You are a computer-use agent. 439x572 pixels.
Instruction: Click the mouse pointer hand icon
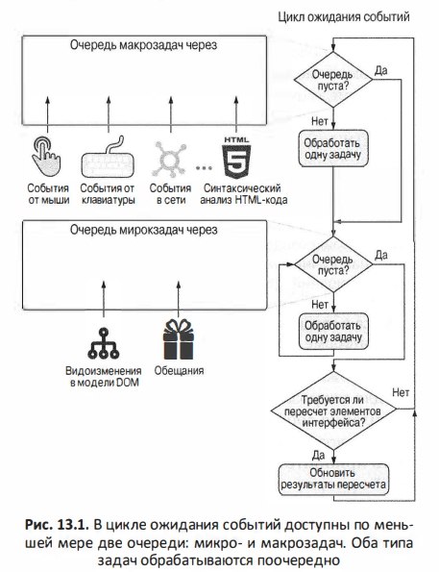click(45, 157)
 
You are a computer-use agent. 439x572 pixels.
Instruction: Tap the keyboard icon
click(108, 158)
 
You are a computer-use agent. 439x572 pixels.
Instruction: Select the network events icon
click(169, 159)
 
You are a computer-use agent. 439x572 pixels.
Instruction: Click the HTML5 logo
click(236, 157)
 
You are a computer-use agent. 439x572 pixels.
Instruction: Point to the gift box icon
click(179, 339)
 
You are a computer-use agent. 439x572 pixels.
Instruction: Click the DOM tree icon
click(104, 343)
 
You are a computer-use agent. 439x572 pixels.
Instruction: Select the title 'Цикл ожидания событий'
click(344, 16)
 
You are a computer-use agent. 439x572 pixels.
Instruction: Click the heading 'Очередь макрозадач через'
click(144, 45)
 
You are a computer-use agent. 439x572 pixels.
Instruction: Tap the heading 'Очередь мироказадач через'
click(144, 230)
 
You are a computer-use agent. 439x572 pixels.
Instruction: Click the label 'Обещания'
click(179, 371)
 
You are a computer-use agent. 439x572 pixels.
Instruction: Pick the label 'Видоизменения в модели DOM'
click(104, 377)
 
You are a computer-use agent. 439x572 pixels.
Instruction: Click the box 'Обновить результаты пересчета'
click(333, 480)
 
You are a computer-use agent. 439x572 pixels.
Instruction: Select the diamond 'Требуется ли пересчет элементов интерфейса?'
click(333, 410)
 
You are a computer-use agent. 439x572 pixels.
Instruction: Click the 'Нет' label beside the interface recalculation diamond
click(401, 392)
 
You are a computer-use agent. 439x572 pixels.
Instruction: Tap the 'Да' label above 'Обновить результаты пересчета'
click(318, 456)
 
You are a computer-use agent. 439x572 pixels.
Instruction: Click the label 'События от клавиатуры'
click(108, 194)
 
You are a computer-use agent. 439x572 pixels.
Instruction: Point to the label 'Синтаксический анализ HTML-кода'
click(244, 194)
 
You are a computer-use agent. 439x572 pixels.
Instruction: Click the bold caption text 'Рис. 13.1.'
click(57, 525)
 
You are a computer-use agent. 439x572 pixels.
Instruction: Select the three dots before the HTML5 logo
click(204, 168)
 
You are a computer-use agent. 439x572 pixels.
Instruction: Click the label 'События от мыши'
click(48, 194)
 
